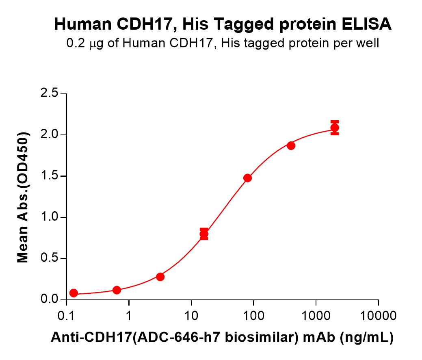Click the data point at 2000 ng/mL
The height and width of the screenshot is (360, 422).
pyautogui.click(x=335, y=128)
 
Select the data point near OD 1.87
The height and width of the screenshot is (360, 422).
pyautogui.click(x=291, y=145)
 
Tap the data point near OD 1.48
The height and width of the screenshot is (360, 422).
pyautogui.click(x=247, y=178)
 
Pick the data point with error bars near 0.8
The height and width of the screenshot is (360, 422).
pyautogui.click(x=204, y=234)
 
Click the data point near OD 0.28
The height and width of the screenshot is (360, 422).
pyautogui.click(x=160, y=277)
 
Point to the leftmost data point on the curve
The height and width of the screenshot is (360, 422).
pyautogui.click(x=74, y=293)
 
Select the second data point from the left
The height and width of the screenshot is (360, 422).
pyautogui.click(x=117, y=290)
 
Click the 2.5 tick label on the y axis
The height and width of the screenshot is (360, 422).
pyautogui.click(x=49, y=94)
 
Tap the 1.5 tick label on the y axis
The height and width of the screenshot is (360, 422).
pyautogui.click(x=49, y=176)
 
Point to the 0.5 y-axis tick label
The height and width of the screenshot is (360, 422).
pyautogui.click(x=49, y=259)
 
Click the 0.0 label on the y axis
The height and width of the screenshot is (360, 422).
pyautogui.click(x=49, y=300)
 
